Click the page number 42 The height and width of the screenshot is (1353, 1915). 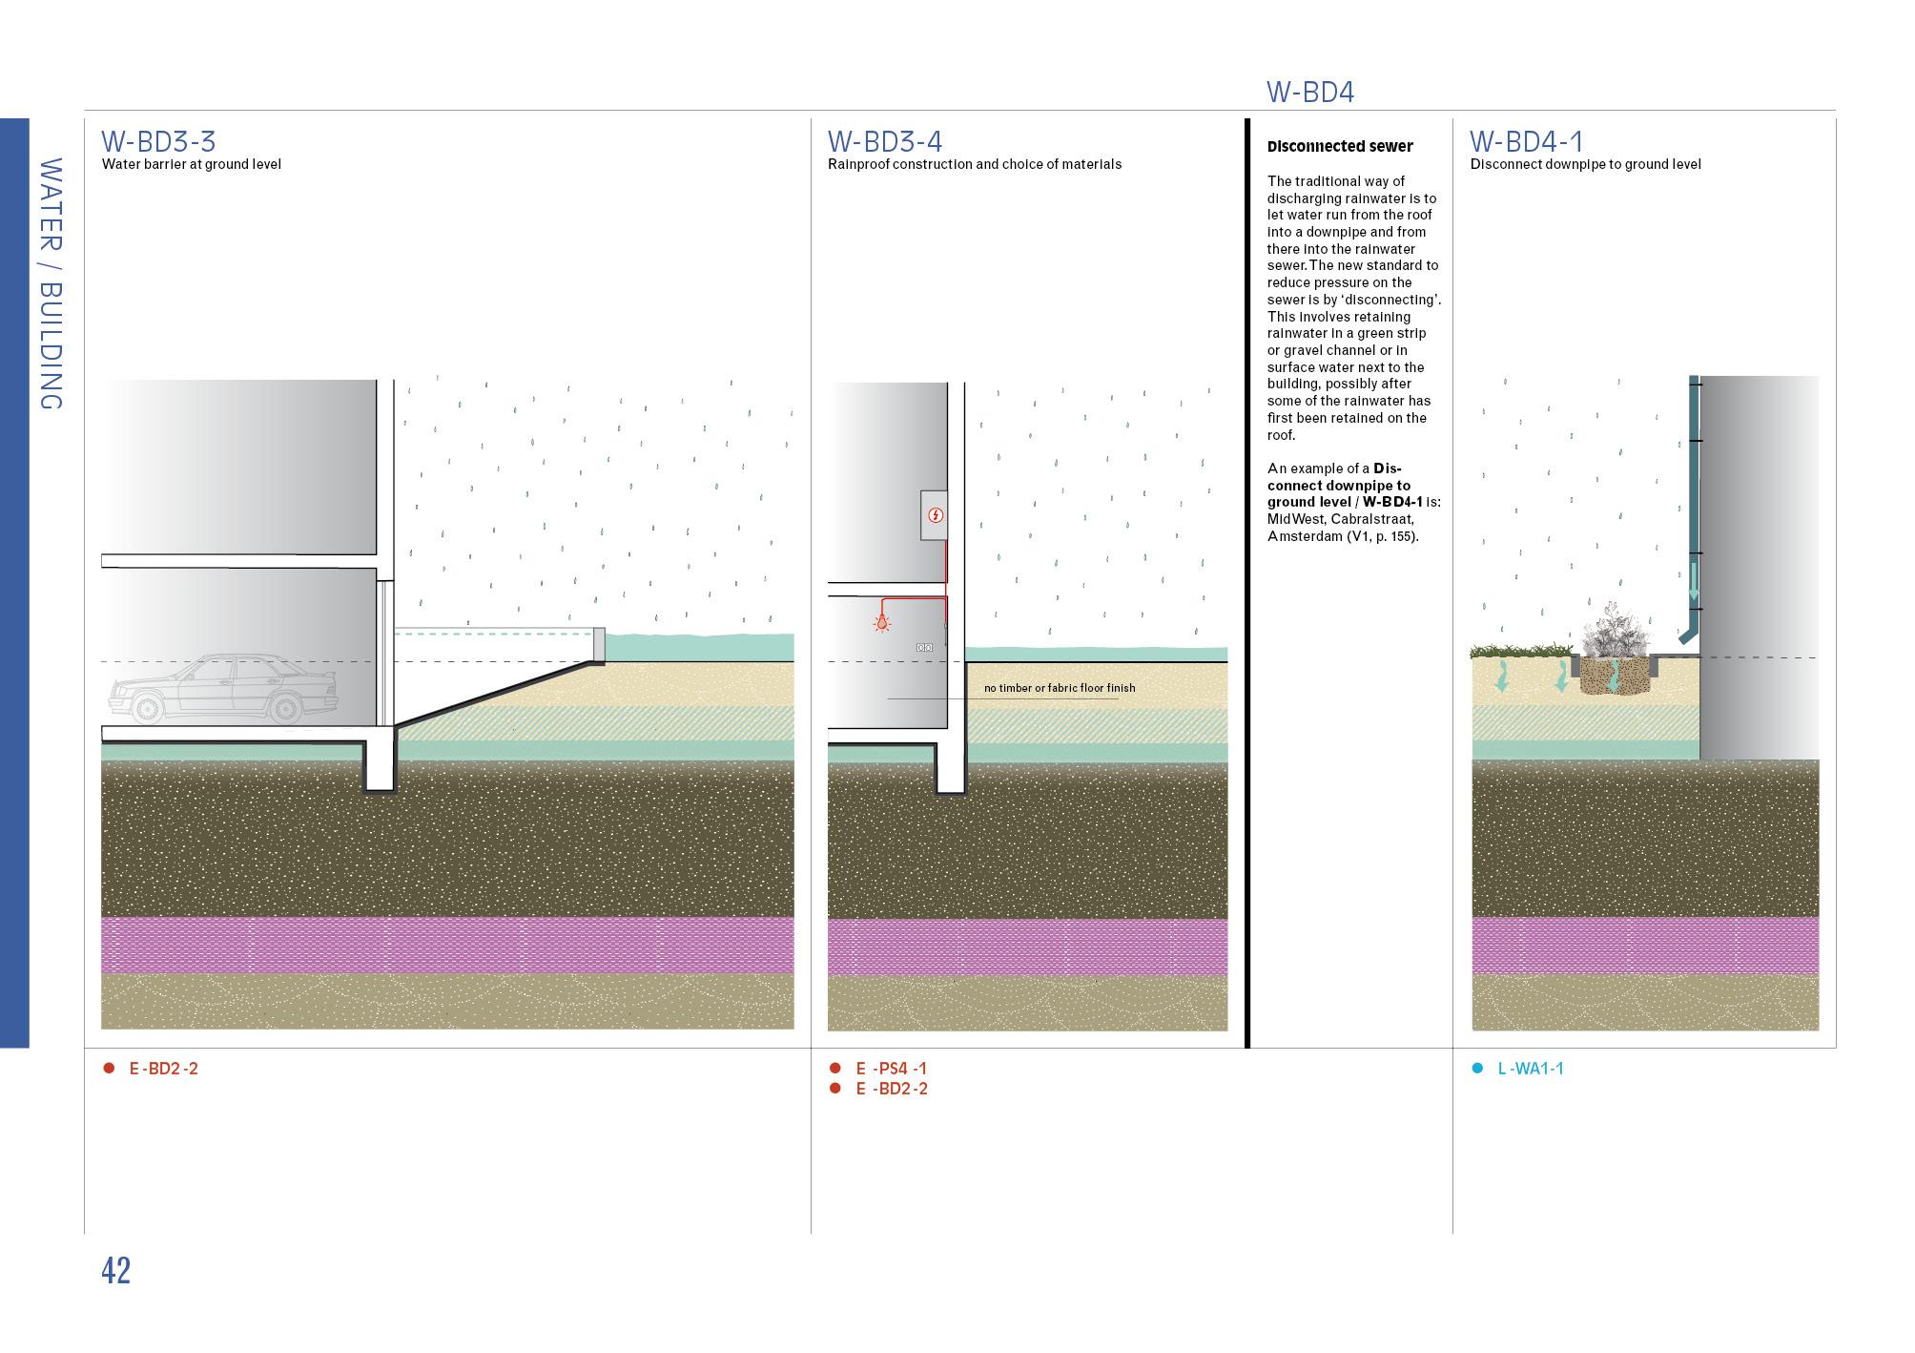[x=115, y=1271]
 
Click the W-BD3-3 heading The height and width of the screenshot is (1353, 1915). [x=158, y=141]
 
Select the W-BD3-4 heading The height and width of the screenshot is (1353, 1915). [x=884, y=141]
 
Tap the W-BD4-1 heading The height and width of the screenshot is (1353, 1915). [x=1526, y=141]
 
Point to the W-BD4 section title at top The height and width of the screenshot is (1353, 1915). [x=1309, y=93]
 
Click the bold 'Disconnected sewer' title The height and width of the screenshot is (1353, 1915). [x=1340, y=146]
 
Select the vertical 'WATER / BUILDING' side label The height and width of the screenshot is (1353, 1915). [x=51, y=283]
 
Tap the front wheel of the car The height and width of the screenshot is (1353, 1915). [x=148, y=709]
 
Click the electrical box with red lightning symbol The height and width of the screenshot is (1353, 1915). [x=935, y=515]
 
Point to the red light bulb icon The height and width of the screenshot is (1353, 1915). [x=883, y=623]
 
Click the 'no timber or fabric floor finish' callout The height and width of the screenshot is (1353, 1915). [x=1059, y=688]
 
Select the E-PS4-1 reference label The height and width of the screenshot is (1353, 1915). [x=891, y=1069]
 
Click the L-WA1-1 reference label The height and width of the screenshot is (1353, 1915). [x=1530, y=1069]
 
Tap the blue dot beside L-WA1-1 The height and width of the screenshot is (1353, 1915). [x=1477, y=1069]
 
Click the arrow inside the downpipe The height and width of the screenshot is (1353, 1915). [x=1694, y=582]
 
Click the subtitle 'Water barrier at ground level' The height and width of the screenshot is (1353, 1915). [x=191, y=164]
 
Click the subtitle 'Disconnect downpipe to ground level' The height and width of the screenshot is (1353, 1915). [x=1585, y=164]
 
